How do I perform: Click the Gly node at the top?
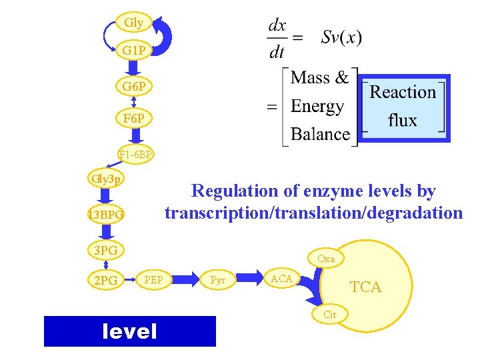pos(133,23)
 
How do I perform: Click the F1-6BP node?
pos(136,155)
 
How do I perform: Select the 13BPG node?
pos(105,215)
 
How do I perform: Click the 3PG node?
pos(105,250)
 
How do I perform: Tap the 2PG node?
pos(105,281)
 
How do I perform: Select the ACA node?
pos(281,278)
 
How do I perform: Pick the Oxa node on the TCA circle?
pos(326,258)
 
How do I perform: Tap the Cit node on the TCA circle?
pos(329,315)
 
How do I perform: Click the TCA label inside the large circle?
pos(366,287)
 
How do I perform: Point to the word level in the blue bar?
pos(129,331)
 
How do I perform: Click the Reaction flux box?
pos(403,107)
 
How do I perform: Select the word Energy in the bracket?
pos(317,107)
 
